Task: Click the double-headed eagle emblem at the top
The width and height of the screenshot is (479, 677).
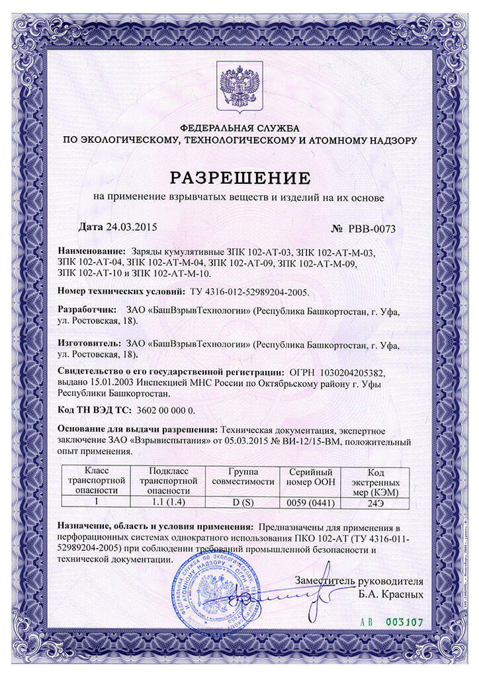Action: pos(239,87)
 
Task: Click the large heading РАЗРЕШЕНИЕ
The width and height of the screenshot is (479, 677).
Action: pos(239,178)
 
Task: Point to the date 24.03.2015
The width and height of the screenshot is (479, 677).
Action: pos(131,227)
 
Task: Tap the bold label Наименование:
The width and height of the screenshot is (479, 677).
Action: pos(91,253)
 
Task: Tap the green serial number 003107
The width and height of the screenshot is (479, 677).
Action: pos(403,622)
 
